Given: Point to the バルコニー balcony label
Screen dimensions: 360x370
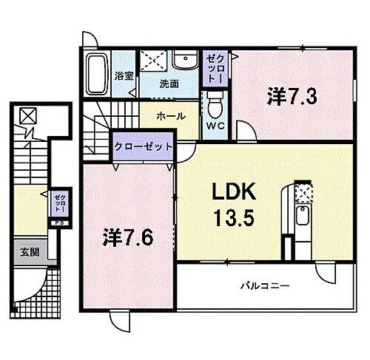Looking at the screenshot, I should coord(263,286).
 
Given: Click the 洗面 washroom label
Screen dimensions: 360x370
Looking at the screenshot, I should coord(169,84).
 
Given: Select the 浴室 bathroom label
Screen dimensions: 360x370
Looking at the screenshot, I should coord(123,75).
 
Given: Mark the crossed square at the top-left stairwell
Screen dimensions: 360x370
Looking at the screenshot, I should coord(28,116).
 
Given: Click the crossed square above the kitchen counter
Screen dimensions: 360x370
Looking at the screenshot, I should coord(303,191).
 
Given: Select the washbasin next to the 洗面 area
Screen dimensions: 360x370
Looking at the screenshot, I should coord(184,62).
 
